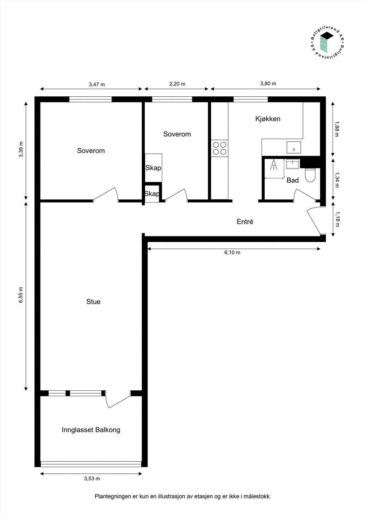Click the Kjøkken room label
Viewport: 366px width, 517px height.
(268, 119)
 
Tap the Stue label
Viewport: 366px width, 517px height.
(94, 302)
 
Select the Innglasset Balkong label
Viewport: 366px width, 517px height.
(91, 430)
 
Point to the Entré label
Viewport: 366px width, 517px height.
(245, 222)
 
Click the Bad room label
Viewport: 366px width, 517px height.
(293, 180)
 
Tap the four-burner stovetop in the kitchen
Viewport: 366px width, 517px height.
(219, 148)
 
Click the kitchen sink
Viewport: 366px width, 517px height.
(294, 147)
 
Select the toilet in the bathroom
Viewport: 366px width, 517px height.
(310, 175)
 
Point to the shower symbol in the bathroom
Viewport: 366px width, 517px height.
(274, 164)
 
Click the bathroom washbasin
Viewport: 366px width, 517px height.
(293, 164)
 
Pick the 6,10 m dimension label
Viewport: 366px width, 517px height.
(232, 252)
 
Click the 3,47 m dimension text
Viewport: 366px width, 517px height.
(97, 84)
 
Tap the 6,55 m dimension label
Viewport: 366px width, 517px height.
(21, 295)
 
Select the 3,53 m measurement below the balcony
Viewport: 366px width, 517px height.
(92, 479)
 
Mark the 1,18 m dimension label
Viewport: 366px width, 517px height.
(337, 219)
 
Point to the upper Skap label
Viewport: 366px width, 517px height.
(153, 168)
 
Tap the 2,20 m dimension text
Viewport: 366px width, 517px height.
(177, 84)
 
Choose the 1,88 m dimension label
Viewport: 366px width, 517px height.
(337, 129)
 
